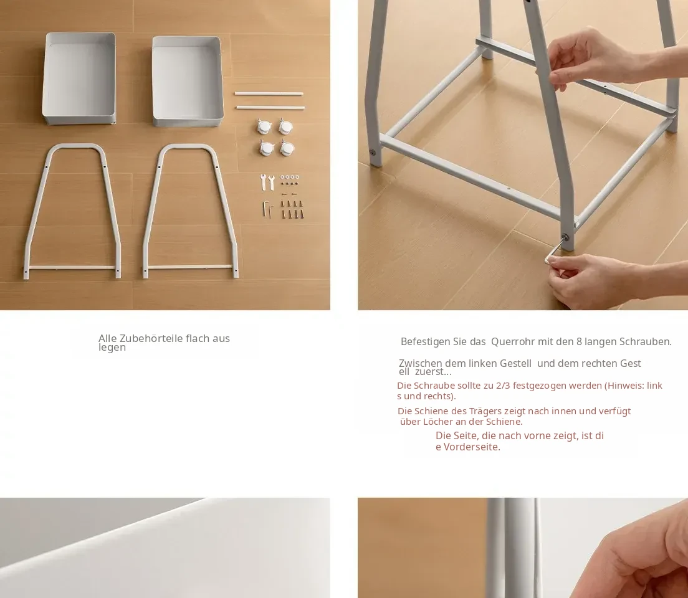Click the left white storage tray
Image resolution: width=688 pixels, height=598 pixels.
coord(79,78)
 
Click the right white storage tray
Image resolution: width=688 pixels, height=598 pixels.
coord(188,81)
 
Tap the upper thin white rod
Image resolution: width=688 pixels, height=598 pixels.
coord(269,93)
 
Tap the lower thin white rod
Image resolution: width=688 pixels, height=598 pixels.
coord(270,108)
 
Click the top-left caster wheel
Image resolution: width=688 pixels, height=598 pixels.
coord(264,127)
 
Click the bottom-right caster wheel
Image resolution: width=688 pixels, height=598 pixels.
coord(287,148)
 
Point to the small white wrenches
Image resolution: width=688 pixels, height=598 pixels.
coord(267,182)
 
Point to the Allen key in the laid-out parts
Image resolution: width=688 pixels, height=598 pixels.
coord(268,209)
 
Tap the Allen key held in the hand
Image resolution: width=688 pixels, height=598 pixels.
coord(554,249)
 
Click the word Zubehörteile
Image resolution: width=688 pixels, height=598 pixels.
coord(151,338)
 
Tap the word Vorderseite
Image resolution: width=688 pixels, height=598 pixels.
coord(472,447)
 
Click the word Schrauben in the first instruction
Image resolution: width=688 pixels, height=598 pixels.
coord(646,342)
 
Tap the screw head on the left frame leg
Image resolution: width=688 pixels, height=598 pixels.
coord(372,152)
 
